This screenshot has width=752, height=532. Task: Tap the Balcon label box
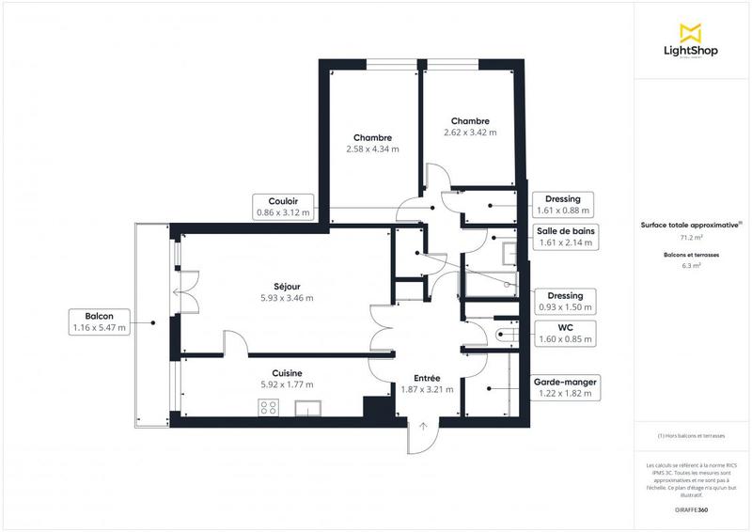pos(99,321)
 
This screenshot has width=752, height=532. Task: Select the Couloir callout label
pos(283,206)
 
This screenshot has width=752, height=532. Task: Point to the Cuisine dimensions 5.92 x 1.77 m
pos(287,384)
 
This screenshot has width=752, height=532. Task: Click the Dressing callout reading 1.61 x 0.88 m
pos(563,205)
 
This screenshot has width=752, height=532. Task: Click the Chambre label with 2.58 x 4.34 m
pos(372,143)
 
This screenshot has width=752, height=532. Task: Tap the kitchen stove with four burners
pos(269,407)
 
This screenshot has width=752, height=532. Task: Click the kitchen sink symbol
pos(309,408)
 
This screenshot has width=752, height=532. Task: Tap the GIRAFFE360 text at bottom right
pos(691,509)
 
